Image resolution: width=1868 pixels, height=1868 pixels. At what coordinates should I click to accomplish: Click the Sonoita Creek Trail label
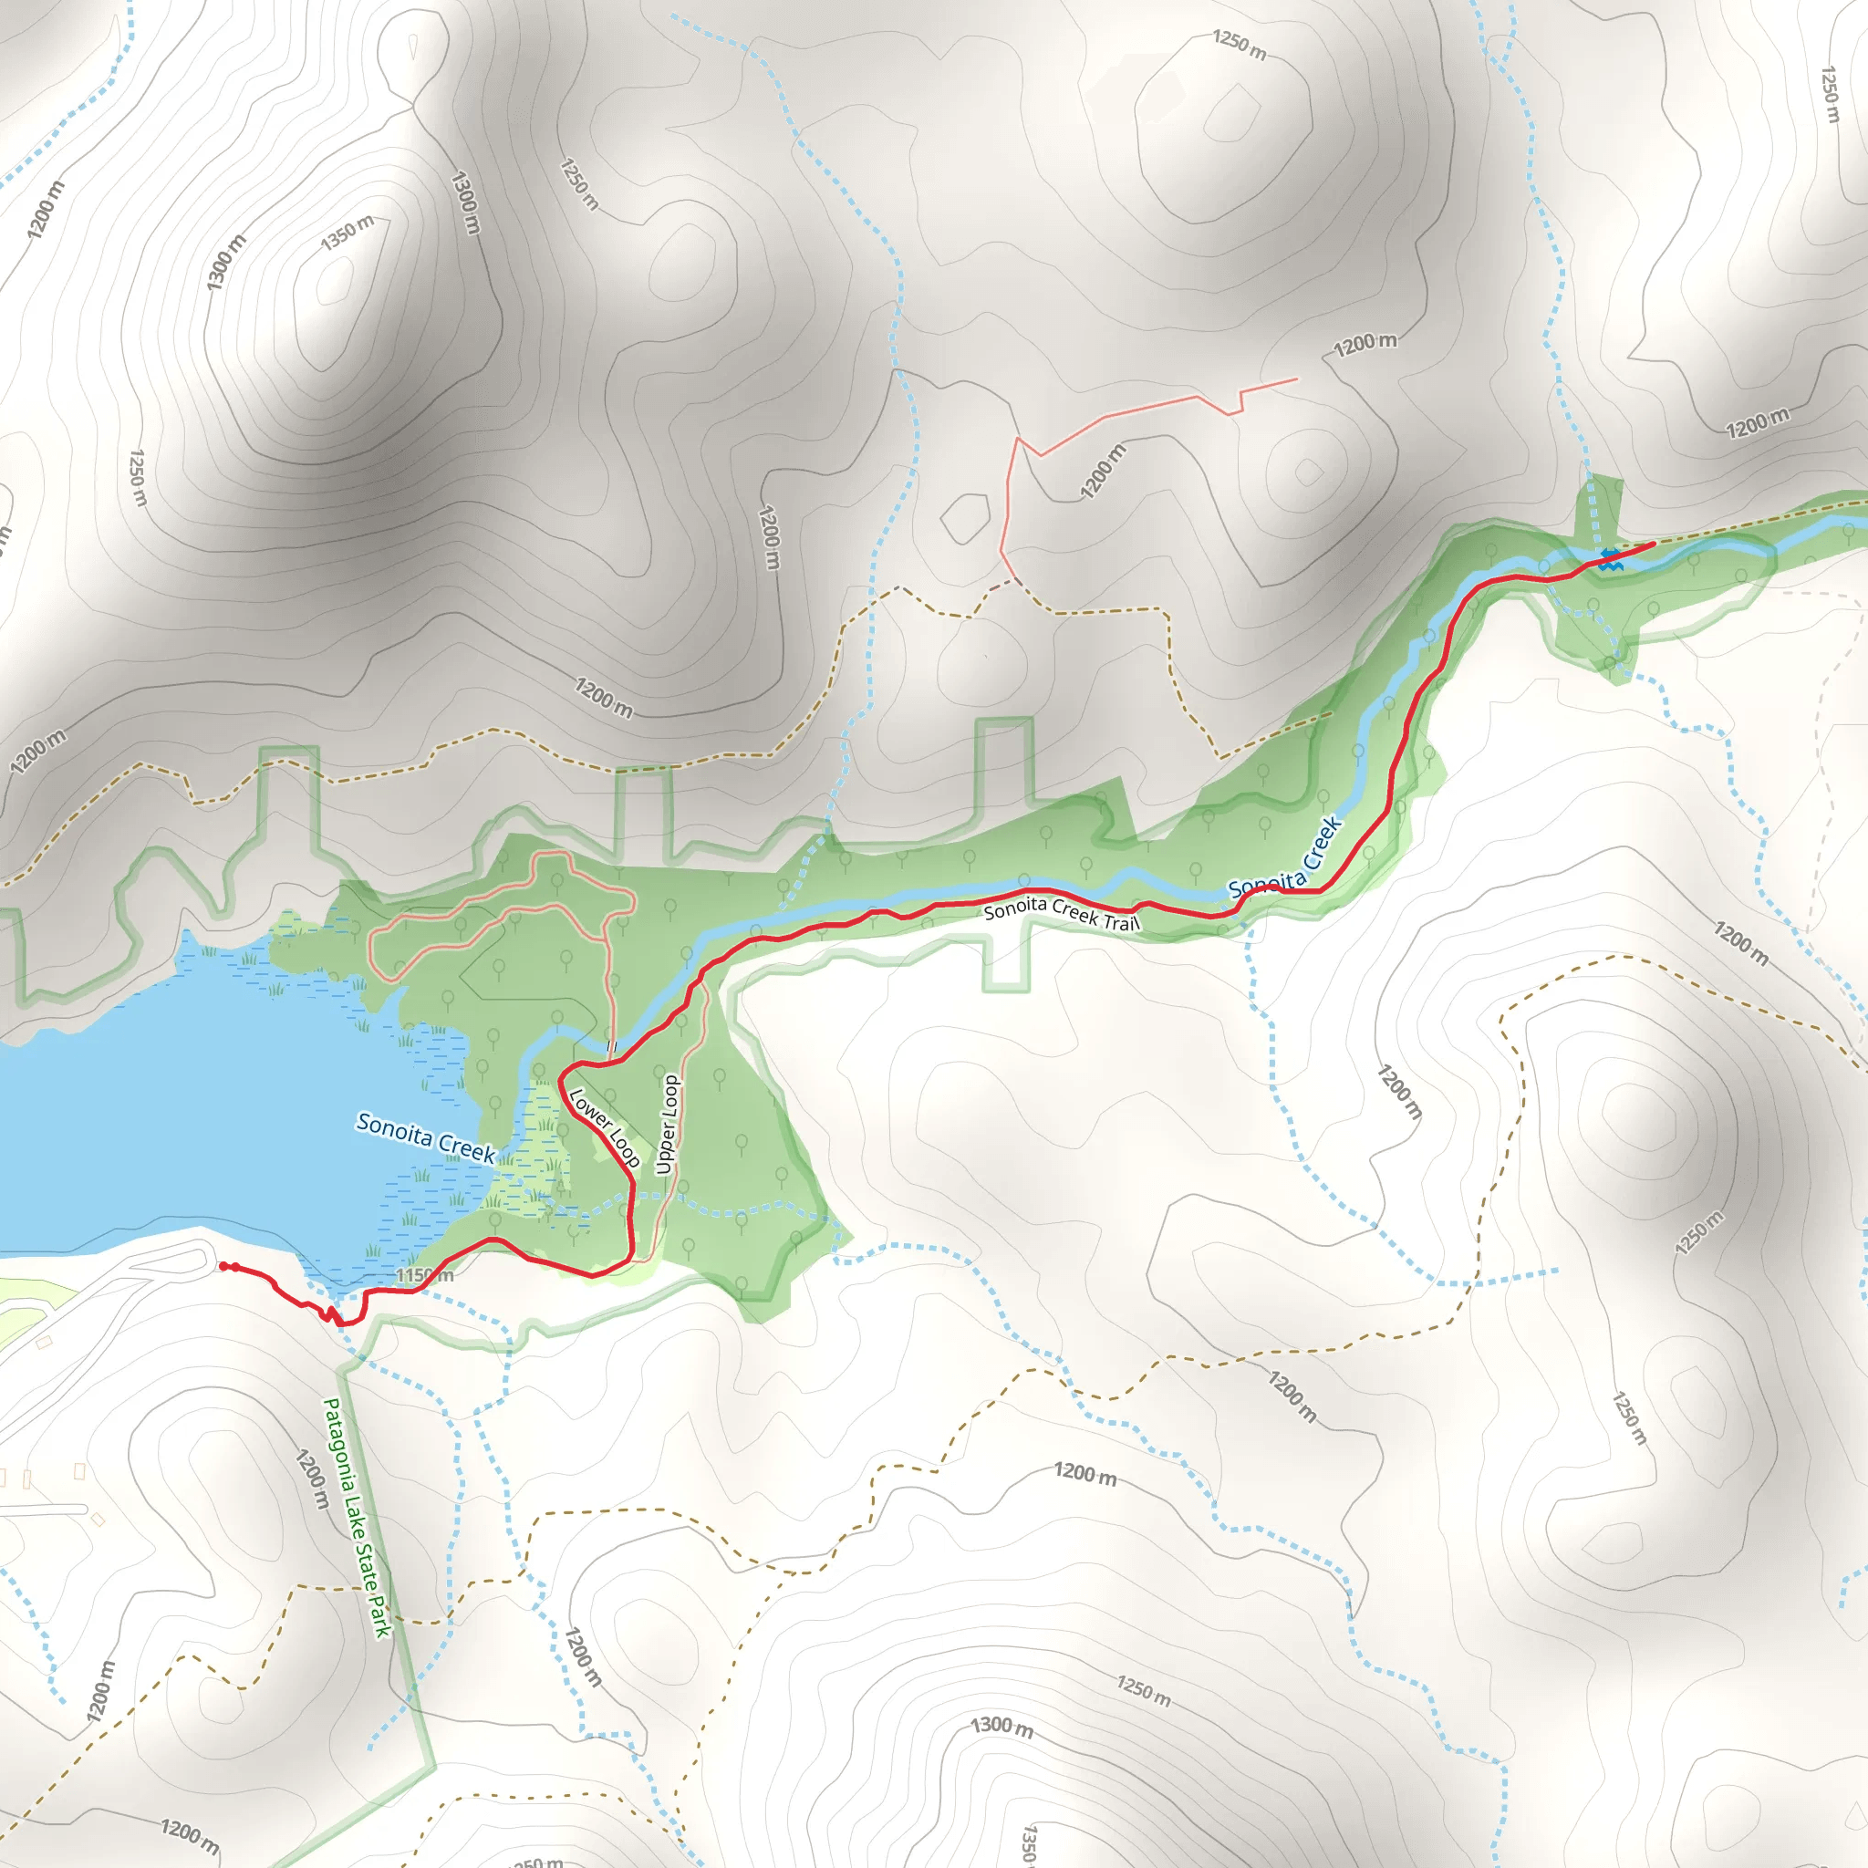point(1062,914)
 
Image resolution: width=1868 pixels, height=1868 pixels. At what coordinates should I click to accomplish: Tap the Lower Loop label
point(605,1128)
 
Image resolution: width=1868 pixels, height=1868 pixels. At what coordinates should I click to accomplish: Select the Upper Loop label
point(667,1125)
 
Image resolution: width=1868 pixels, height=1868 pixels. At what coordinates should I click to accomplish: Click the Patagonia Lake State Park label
point(357,1517)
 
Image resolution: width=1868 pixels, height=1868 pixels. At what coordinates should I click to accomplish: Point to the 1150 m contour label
point(424,1276)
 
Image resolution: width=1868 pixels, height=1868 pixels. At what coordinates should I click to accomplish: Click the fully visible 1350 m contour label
point(348,233)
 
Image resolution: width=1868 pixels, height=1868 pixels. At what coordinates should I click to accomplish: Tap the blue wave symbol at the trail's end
point(1610,559)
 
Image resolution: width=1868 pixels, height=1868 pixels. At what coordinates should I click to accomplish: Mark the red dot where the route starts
point(224,1267)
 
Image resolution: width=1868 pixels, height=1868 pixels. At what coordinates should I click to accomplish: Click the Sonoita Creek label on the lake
point(425,1137)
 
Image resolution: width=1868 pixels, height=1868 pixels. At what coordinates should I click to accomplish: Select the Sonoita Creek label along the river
point(1286,858)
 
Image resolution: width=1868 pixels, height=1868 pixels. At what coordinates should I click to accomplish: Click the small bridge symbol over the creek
point(611,1047)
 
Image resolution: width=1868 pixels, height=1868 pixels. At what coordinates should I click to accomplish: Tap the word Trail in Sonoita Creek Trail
point(1122,922)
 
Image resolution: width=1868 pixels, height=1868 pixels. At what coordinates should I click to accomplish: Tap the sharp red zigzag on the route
point(331,1315)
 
